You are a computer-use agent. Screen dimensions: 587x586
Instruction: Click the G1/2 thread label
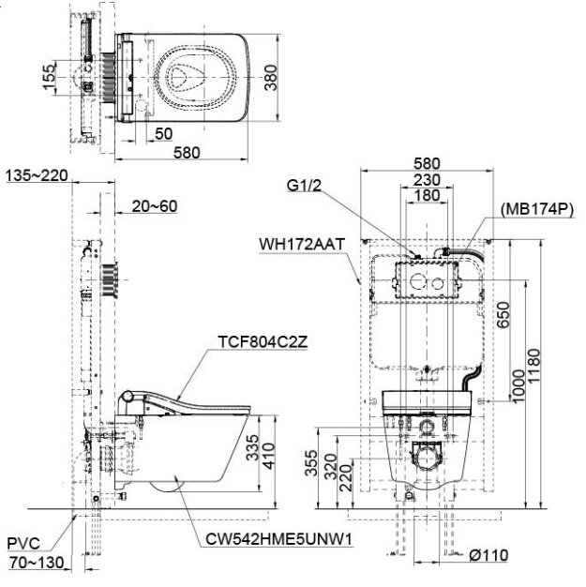[307, 186]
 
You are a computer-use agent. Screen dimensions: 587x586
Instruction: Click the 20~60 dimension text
[154, 206]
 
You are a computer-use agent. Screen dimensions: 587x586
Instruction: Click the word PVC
[23, 543]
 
